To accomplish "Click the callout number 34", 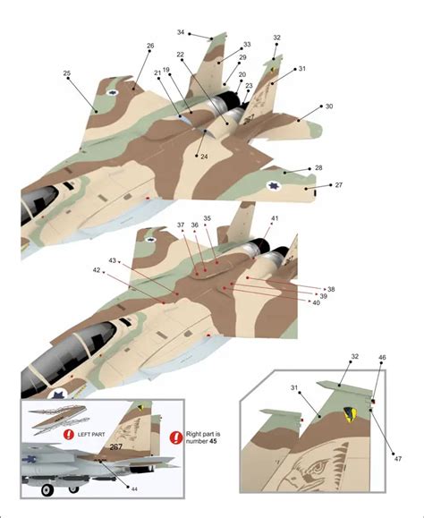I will click(x=181, y=32).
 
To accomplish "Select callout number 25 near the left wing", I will click(x=67, y=73).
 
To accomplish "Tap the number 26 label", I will click(x=150, y=46).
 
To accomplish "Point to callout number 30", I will click(x=329, y=106).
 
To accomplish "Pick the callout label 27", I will click(x=339, y=185).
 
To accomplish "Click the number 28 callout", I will click(x=318, y=167).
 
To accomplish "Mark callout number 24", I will click(x=204, y=157).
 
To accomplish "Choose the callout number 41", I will click(x=275, y=218).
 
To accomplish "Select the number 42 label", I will click(x=97, y=269).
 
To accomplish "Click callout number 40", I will click(x=316, y=302).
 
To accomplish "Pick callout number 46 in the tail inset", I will click(x=382, y=357).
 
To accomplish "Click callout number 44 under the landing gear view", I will click(x=134, y=488).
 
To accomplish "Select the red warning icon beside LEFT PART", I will click(x=70, y=435).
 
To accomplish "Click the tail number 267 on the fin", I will click(x=116, y=447).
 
